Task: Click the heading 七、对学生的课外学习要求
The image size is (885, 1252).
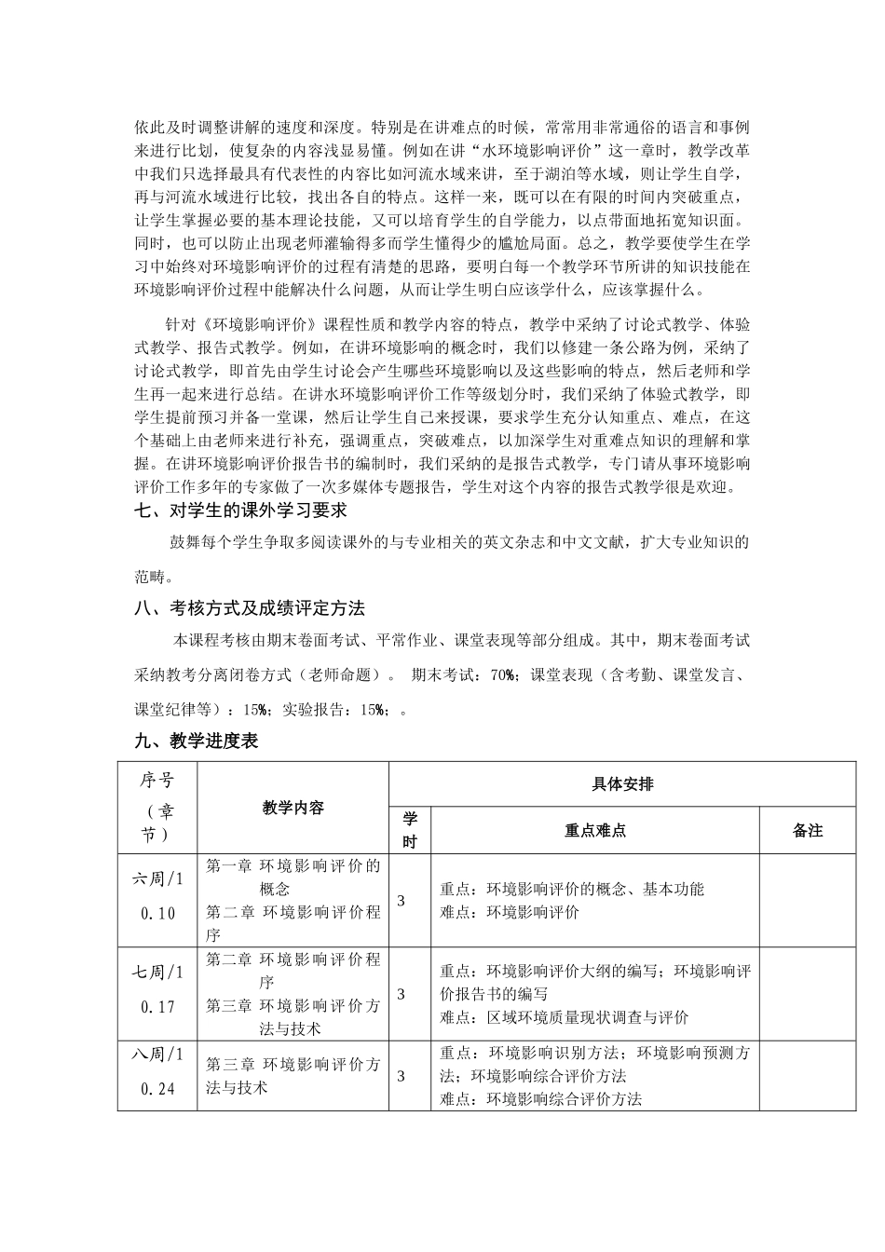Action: click(240, 510)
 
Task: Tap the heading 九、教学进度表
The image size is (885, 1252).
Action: click(196, 742)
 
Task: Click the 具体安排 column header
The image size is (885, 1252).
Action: click(621, 783)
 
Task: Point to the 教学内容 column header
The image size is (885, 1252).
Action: click(293, 807)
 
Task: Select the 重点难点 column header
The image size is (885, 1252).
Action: click(595, 830)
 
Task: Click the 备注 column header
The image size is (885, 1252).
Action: click(808, 830)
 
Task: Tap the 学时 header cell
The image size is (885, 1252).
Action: click(410, 830)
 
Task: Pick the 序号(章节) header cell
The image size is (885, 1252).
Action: click(157, 807)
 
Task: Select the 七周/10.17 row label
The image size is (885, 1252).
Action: click(157, 989)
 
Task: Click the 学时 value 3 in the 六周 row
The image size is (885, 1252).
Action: click(402, 900)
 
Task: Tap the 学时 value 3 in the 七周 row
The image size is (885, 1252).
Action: click(402, 994)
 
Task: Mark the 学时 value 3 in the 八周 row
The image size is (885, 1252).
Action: click(402, 1076)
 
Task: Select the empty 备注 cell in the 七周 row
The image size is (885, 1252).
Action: click(808, 994)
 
